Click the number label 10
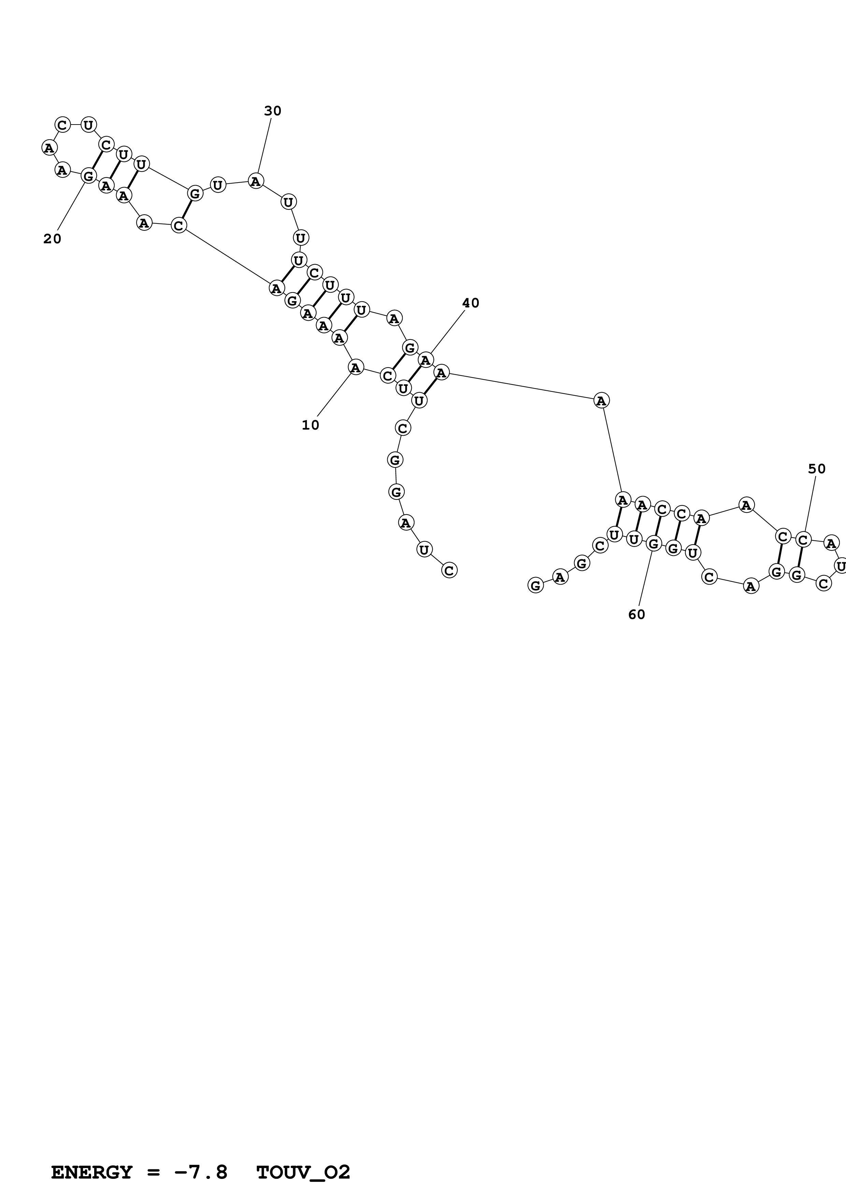(x=310, y=426)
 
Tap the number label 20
(x=52, y=239)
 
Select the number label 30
(x=273, y=111)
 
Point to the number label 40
(x=470, y=303)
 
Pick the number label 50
(x=817, y=469)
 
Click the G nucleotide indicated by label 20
(x=89, y=176)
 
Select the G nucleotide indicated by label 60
(x=653, y=544)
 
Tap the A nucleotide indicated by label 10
(x=356, y=367)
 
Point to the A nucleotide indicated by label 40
(x=426, y=360)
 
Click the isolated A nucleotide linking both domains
(x=602, y=400)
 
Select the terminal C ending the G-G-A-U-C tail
(x=449, y=570)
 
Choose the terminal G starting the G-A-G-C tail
(x=535, y=586)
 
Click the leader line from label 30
(x=264, y=146)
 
